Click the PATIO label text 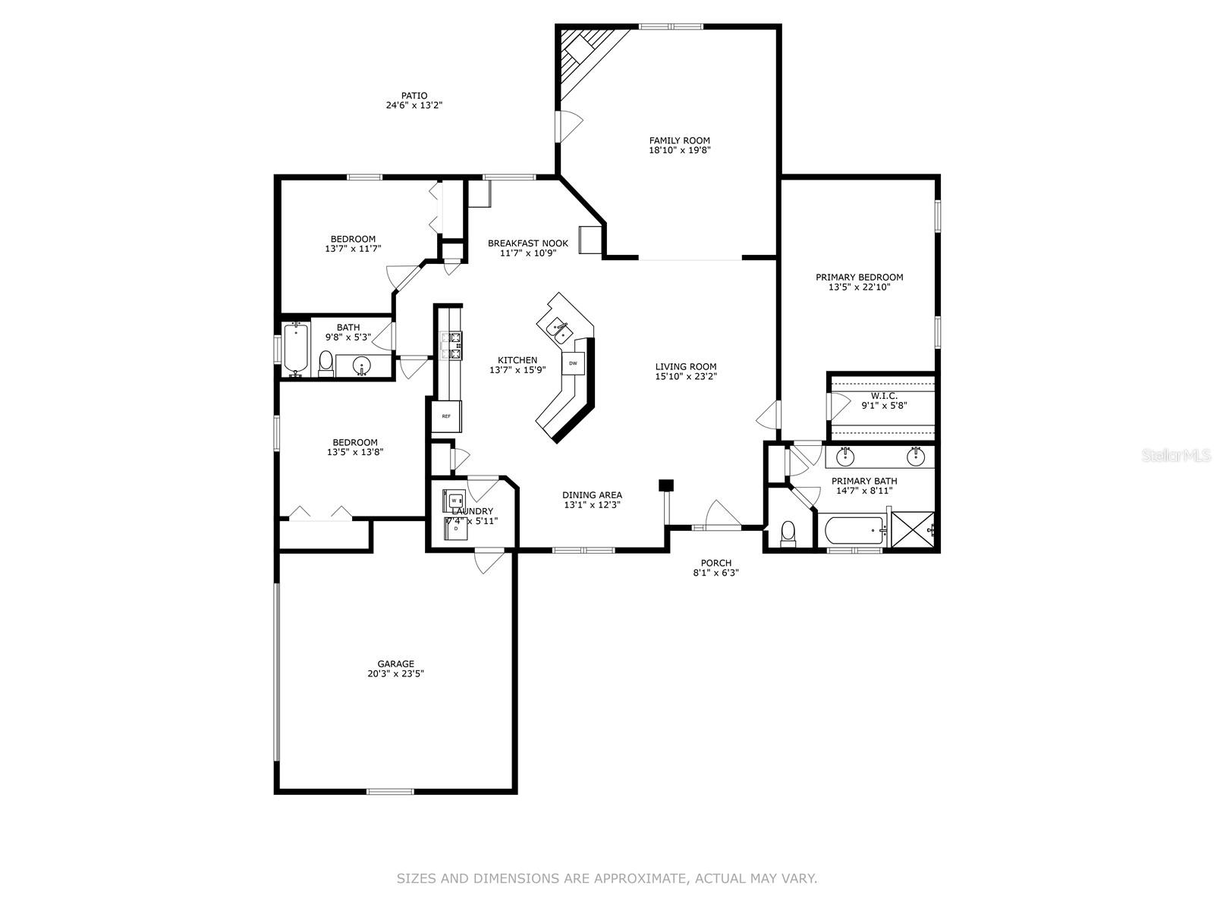point(414,96)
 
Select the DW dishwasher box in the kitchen point(574,363)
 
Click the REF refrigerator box point(446,416)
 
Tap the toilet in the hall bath point(326,364)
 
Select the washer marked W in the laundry point(454,500)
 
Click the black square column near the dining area point(666,485)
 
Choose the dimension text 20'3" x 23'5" point(396,673)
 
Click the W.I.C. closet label point(884,396)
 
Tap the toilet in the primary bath point(788,533)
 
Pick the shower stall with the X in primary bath point(913,528)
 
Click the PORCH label point(716,563)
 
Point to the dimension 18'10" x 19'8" point(679,150)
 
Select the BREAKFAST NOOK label point(527,243)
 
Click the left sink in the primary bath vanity point(845,457)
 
